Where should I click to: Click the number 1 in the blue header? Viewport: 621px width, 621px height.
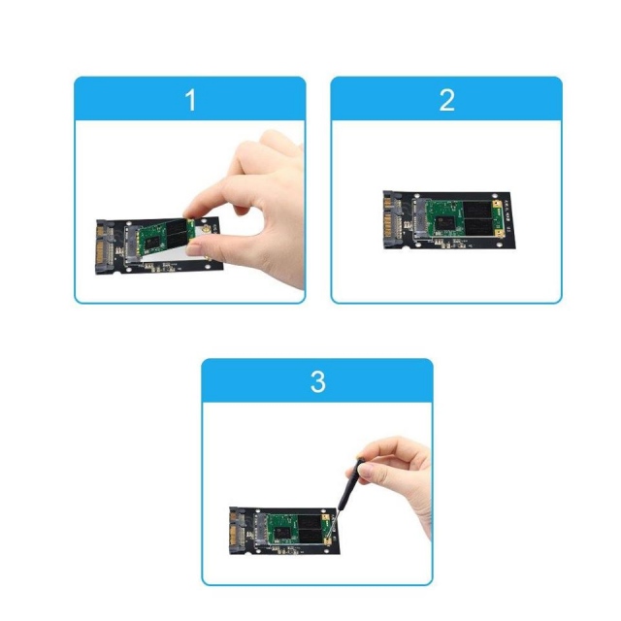(x=190, y=100)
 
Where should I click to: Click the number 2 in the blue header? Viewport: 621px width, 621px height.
(x=447, y=100)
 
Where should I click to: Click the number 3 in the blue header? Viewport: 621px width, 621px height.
(x=318, y=381)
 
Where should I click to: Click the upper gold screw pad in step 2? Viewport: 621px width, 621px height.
(x=497, y=205)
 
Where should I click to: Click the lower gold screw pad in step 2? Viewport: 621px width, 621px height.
(x=499, y=234)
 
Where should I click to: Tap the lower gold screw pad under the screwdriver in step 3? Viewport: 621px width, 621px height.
(x=327, y=541)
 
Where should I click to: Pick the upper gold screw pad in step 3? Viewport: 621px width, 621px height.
(x=326, y=517)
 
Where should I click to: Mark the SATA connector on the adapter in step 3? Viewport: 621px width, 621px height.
(x=237, y=531)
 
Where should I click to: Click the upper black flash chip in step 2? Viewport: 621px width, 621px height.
(x=477, y=210)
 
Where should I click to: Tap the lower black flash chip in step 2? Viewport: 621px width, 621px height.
(x=478, y=228)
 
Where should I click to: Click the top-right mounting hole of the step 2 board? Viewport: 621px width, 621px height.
(x=494, y=196)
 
